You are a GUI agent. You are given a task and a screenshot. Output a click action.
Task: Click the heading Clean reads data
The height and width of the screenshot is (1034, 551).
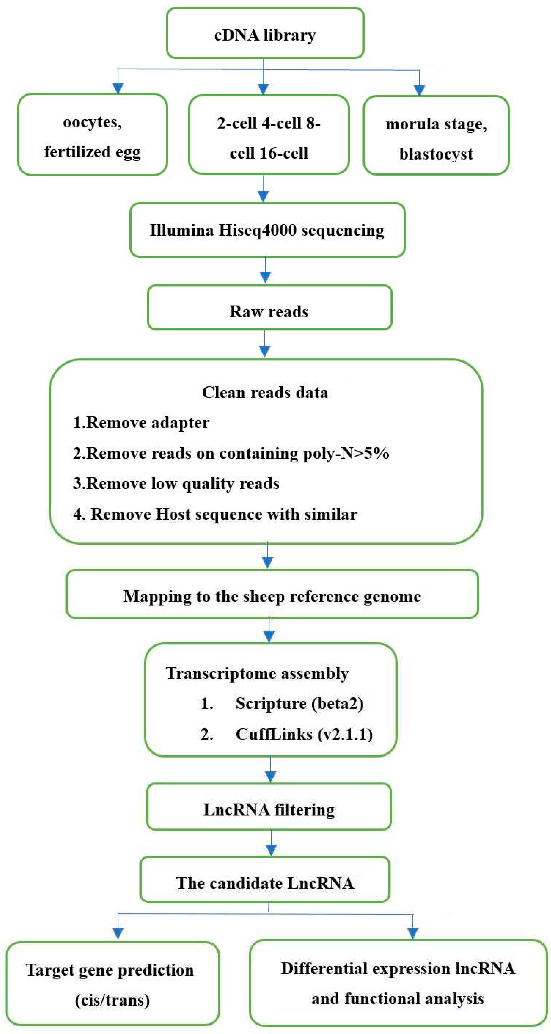click(265, 392)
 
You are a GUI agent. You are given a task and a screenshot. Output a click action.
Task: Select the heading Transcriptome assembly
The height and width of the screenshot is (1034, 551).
click(257, 674)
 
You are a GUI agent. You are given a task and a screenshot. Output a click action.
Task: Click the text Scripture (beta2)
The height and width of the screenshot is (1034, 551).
click(299, 704)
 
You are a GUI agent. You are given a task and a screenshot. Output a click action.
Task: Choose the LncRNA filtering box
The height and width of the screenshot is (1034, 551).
click(269, 810)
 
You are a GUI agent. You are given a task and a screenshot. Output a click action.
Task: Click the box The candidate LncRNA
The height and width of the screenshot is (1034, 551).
click(265, 883)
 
